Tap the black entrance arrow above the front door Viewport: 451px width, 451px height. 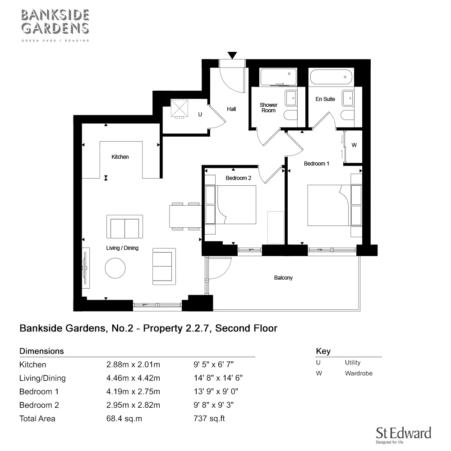tap(232, 55)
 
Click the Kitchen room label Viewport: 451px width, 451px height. tap(120, 157)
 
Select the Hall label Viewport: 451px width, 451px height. tap(231, 109)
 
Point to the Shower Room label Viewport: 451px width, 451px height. tap(268, 108)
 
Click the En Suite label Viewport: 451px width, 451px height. tap(325, 99)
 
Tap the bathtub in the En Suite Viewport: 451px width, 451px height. tap(331, 77)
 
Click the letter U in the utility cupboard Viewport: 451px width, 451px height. tap(200, 115)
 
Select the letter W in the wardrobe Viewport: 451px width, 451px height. tap(354, 145)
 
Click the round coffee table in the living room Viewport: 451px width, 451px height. tap(115, 268)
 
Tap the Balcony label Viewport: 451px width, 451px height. tap(283, 278)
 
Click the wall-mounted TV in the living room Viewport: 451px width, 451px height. tap(84, 269)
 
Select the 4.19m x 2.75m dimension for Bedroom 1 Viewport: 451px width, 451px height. tap(133, 391)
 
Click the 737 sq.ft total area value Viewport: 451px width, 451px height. tap(209, 419)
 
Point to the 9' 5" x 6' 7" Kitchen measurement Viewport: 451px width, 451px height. tap(213, 364)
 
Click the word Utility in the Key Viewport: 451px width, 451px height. tap(353, 363)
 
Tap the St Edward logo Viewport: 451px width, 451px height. tap(403, 435)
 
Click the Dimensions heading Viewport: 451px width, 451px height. tap(41, 351)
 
